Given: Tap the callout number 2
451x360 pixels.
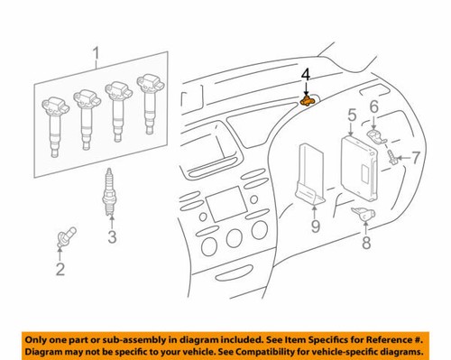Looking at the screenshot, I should tap(60, 268).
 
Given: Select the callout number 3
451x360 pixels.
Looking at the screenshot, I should tap(111, 238).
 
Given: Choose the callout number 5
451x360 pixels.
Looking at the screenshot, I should tap(352, 115).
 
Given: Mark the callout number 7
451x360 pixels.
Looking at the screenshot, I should tap(417, 158).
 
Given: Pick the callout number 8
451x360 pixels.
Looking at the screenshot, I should tap(365, 243).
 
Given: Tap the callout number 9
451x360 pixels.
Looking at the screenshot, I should tap(315, 226).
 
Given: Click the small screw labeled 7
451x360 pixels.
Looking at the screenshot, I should tap(394, 159).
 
